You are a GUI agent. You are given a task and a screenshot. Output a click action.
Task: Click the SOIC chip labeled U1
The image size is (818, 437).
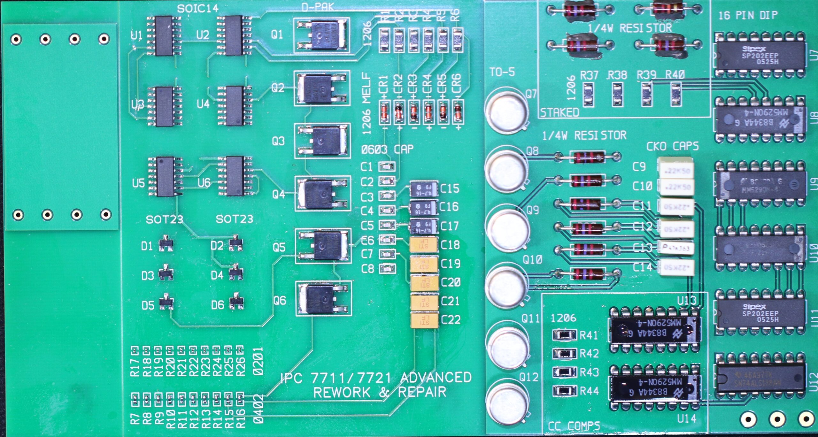[164, 36]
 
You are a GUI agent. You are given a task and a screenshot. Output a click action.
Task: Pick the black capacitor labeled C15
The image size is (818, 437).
[423, 189]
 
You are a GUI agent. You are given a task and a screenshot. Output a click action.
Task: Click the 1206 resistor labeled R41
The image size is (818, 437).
[565, 334]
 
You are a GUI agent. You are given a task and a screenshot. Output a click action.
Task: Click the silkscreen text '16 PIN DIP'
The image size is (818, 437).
[748, 15]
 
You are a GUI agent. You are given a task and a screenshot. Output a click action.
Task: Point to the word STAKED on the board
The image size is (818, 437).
[559, 112]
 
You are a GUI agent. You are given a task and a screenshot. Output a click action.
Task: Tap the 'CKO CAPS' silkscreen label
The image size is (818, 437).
[672, 146]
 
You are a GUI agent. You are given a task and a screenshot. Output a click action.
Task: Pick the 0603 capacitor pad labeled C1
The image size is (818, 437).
[387, 166]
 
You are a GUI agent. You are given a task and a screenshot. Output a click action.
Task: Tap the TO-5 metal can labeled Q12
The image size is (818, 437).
[507, 405]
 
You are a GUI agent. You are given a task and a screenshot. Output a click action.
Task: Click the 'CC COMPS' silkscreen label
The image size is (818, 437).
[574, 426]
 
